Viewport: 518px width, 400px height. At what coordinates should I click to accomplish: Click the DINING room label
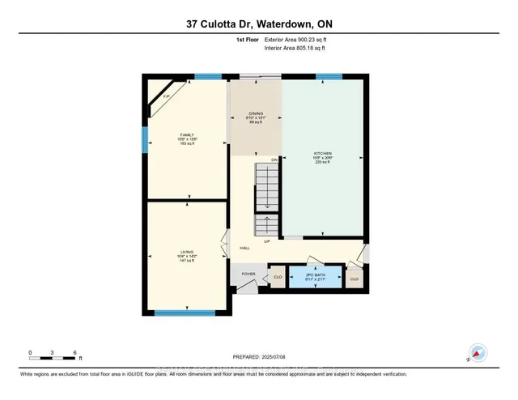pos(255,115)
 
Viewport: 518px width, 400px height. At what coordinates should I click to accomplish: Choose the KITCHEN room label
pos(323,152)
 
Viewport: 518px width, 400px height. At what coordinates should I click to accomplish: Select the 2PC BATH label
pos(316,275)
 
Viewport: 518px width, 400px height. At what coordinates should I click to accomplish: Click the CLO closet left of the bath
pos(278,277)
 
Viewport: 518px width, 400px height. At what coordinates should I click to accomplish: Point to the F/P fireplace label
pos(165,97)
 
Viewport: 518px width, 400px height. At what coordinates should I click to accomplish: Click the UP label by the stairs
pos(266,241)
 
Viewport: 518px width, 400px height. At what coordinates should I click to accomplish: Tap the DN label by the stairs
pos(274,160)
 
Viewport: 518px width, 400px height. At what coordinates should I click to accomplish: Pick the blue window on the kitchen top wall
pos(327,77)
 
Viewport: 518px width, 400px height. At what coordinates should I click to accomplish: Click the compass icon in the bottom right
pos(478,354)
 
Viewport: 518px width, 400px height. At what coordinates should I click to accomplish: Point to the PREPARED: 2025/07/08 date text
pos(258,357)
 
